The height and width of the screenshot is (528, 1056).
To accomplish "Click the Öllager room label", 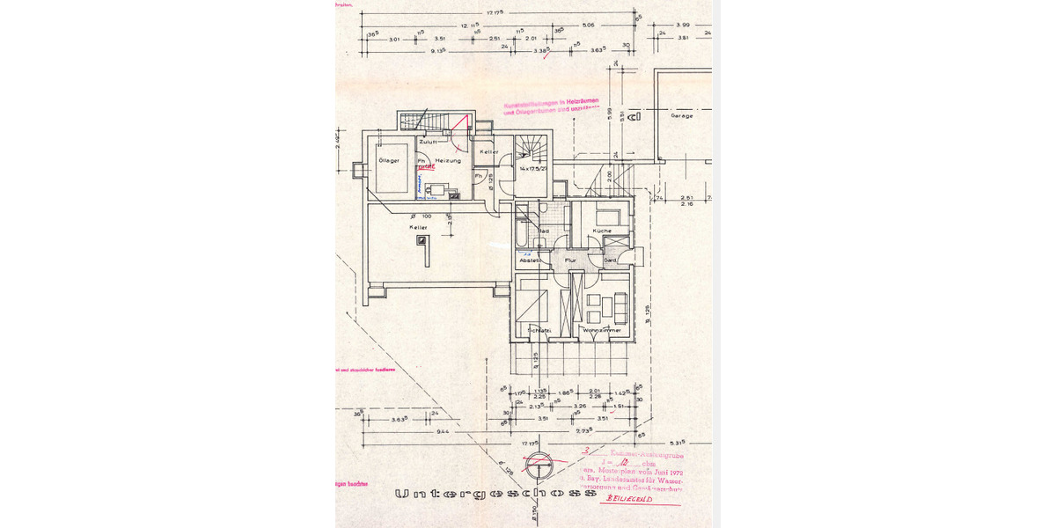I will tap(389, 161).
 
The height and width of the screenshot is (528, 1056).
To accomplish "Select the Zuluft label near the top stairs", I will tap(429, 142).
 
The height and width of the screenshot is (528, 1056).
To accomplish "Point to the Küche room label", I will tap(602, 231).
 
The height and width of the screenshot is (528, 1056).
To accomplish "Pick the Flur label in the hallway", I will tap(569, 260).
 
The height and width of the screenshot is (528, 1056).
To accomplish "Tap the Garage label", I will tap(682, 115).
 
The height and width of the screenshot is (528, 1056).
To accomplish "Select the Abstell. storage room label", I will tap(531, 260).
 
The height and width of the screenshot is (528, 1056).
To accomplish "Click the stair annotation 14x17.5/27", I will tap(534, 167).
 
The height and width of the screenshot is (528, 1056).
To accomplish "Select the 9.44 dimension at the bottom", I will tap(443, 433).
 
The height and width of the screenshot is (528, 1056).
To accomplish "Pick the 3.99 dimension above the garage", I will tap(683, 26).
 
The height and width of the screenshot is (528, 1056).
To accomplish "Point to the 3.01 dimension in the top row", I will tap(393, 40).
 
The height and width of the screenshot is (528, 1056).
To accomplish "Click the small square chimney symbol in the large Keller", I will tap(422, 238).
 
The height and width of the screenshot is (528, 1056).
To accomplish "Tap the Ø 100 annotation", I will tap(422, 216).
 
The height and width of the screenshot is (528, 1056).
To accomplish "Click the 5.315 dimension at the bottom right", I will tap(677, 443).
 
